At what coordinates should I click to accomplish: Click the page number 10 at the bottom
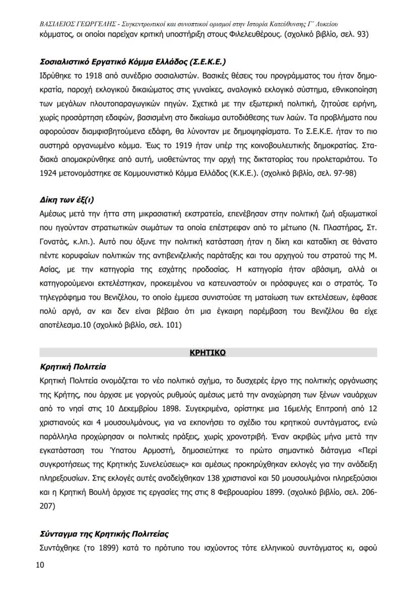[40, 565]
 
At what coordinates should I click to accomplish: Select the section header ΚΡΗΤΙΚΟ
[207, 353]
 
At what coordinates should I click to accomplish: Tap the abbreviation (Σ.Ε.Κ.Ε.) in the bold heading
[206, 63]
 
